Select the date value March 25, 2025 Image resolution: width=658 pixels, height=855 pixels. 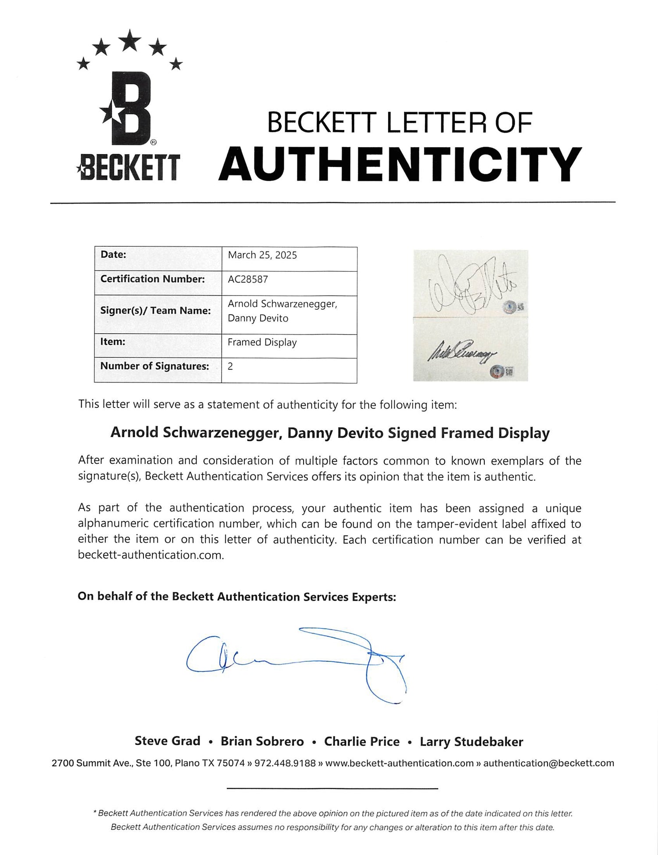click(x=262, y=255)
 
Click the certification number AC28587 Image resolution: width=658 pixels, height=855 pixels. click(x=248, y=279)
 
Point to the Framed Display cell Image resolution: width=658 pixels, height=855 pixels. click(x=262, y=342)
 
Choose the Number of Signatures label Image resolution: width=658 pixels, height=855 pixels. click(x=154, y=366)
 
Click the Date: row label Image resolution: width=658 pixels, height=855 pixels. click(x=113, y=255)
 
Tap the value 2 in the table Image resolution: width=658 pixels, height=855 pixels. click(x=230, y=366)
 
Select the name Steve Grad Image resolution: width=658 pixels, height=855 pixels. click(x=167, y=741)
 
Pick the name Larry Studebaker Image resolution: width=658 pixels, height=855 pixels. click(x=471, y=742)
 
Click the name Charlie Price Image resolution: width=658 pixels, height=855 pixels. click(x=361, y=742)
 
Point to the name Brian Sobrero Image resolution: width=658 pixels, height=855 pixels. click(x=262, y=742)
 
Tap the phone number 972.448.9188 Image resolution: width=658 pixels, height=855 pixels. click(x=285, y=763)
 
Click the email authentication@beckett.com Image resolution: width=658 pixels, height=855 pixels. click(x=548, y=763)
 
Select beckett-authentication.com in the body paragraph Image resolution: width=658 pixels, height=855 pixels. click(x=151, y=555)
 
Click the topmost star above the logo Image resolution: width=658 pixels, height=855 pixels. click(x=129, y=40)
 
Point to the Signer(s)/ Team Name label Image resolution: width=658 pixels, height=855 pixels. click(x=155, y=310)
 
